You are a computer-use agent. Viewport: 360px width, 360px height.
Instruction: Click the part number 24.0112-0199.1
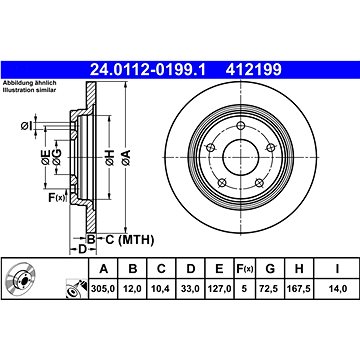[148, 70]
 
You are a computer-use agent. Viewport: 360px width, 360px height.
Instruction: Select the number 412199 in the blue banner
[254, 70]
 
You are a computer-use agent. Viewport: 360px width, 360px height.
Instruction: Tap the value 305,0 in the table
[103, 288]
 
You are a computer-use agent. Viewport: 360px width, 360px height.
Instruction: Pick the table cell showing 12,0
[133, 288]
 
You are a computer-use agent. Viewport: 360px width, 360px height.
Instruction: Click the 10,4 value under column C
[161, 288]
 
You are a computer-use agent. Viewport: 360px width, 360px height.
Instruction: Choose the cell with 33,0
[190, 288]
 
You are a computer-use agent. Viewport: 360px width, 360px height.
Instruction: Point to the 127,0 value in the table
[219, 288]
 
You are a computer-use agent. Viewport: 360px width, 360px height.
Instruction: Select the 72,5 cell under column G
[270, 288]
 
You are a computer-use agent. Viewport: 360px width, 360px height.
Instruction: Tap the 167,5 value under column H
[299, 288]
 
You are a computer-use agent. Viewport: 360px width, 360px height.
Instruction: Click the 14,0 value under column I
[338, 288]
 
